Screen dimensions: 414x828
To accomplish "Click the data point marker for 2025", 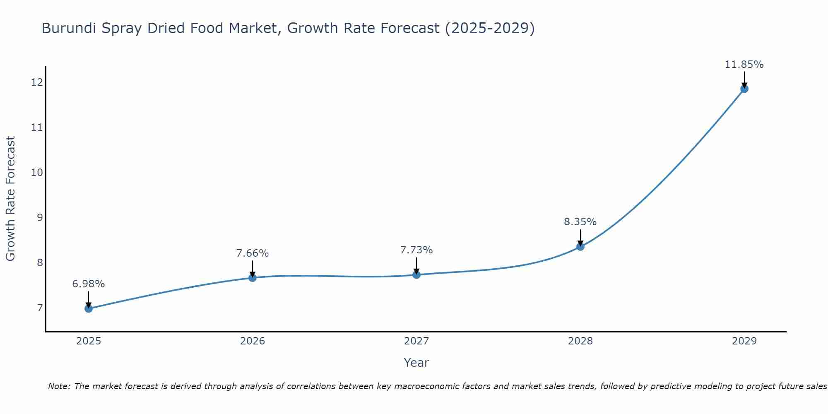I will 89,308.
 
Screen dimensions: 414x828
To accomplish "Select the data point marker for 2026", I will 253,277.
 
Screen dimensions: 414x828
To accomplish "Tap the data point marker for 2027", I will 416,274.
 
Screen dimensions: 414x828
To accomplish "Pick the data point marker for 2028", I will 580,246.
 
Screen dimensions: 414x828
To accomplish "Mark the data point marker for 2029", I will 744,89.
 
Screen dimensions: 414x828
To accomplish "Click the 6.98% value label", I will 89,284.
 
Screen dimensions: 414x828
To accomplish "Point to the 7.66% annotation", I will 253,253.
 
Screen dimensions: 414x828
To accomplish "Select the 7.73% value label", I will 416,250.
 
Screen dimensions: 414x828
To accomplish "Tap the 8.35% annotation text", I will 580,222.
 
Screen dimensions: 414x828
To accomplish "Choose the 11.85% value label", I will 744,65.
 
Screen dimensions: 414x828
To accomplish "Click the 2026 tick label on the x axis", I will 253,341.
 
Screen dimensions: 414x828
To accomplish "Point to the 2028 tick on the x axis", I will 580,341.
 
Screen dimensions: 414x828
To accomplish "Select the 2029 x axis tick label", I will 744,341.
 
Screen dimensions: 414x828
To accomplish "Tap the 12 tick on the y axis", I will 37,82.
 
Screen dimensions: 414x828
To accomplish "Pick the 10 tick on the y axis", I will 37,172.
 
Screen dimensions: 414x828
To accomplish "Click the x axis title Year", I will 416,363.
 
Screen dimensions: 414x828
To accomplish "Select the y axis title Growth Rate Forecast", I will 11,199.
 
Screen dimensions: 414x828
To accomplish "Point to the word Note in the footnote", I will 59,386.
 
